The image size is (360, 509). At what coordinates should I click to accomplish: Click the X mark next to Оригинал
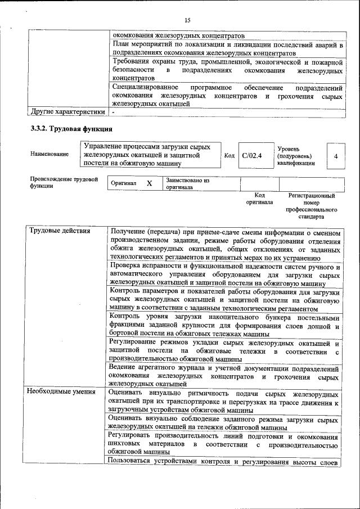pyautogui.click(x=149, y=183)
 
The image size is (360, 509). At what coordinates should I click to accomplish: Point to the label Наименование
pyautogui.click(x=50, y=154)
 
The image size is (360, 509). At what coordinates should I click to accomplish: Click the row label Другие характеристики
pyautogui.click(x=67, y=111)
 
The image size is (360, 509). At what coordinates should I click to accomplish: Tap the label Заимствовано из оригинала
pyautogui.click(x=187, y=184)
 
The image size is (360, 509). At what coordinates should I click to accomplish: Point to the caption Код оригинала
pyautogui.click(x=259, y=199)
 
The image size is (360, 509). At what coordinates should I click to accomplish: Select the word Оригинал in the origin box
pyautogui.click(x=123, y=183)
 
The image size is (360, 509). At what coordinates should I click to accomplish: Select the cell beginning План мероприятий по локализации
pyautogui.click(x=227, y=48)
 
